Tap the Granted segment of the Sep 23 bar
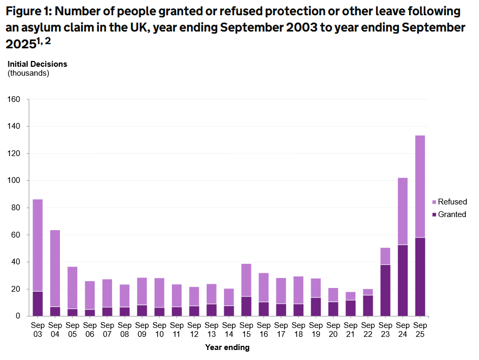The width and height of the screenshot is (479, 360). click(x=385, y=290)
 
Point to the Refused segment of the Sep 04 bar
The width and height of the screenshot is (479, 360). click(x=55, y=268)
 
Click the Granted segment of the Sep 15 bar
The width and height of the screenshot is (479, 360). click(x=246, y=306)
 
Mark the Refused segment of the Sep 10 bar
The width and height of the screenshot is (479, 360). click(x=159, y=293)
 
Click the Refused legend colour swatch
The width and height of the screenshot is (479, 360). click(x=434, y=202)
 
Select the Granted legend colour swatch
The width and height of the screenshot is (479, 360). click(x=434, y=214)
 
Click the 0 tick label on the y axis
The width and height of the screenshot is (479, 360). click(x=17, y=316)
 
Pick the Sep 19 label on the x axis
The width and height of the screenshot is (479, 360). click(x=315, y=330)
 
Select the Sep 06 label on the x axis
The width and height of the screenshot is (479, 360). click(x=89, y=330)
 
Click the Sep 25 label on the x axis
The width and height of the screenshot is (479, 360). click(x=420, y=330)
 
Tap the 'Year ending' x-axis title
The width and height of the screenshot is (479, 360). click(x=227, y=347)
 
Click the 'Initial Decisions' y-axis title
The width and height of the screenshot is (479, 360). click(x=37, y=64)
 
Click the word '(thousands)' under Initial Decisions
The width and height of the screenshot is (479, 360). click(x=28, y=73)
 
